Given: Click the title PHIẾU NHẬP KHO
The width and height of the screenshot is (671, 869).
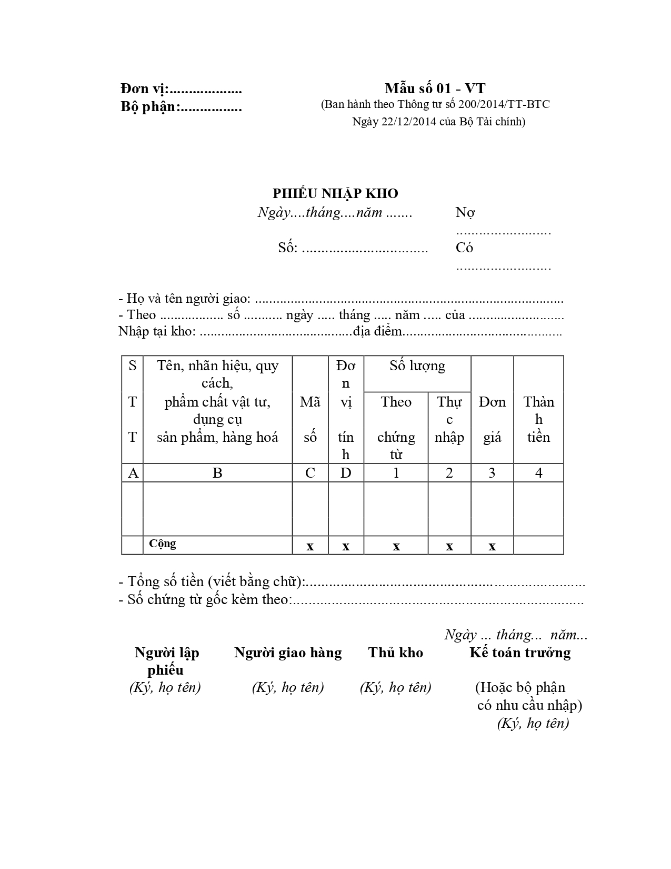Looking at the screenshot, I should (x=335, y=193).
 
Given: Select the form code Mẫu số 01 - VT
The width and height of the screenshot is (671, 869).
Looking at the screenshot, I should (x=434, y=88).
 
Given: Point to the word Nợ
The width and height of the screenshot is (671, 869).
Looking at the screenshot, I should (x=465, y=212).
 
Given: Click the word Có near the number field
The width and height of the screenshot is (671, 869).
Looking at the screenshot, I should (x=464, y=248).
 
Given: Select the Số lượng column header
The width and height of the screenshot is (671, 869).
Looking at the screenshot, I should (x=417, y=366).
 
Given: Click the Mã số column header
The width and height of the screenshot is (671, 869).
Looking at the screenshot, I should (x=310, y=419).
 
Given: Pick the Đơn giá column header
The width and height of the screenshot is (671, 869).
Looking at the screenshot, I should (x=492, y=419).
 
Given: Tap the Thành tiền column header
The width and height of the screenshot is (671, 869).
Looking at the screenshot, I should (x=538, y=419).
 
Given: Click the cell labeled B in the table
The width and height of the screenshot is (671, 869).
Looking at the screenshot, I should (x=217, y=473).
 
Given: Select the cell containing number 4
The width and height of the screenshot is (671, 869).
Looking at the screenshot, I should (x=538, y=473).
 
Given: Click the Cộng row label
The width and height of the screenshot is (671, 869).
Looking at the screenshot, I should (x=163, y=544).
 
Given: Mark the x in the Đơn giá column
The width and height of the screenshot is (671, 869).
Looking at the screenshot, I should (x=492, y=546).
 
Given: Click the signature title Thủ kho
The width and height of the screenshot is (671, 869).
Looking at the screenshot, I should (x=395, y=653).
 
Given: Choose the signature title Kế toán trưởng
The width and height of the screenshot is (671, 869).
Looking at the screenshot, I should (x=520, y=653).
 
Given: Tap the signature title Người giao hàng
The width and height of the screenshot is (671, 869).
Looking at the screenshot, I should (x=288, y=653).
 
